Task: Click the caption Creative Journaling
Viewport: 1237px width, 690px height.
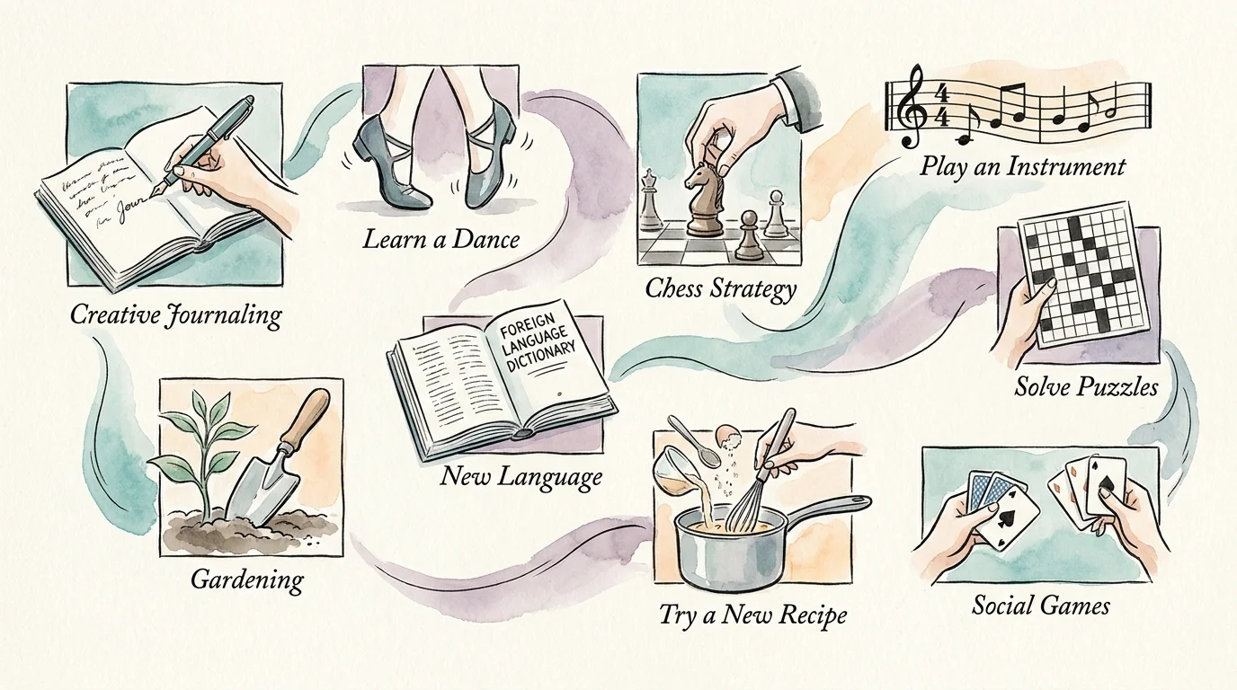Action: coord(175,314)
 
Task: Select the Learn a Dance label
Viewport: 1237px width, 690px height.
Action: coord(441,239)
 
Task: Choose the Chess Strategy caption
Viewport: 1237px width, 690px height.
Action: coord(721,288)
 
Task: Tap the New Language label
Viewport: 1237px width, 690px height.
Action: coord(521,476)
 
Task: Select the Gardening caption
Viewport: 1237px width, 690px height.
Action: coord(247,579)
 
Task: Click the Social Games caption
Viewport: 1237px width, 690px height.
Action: coord(1040,606)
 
